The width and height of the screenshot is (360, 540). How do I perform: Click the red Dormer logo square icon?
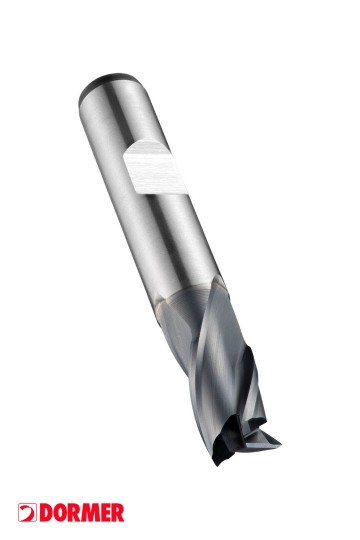[27, 512]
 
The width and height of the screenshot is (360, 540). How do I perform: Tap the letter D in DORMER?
[45, 513]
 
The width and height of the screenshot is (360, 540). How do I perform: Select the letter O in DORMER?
[57, 513]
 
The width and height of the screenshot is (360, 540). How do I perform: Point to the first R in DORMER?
[71, 513]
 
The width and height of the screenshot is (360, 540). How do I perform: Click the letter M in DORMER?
[87, 513]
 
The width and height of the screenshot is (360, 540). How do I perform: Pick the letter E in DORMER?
[103, 513]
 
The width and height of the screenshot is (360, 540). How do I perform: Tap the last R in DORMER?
[117, 513]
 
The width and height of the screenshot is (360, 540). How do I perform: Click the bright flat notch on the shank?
[154, 168]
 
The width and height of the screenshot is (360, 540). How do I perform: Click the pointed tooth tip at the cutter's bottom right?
[279, 443]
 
